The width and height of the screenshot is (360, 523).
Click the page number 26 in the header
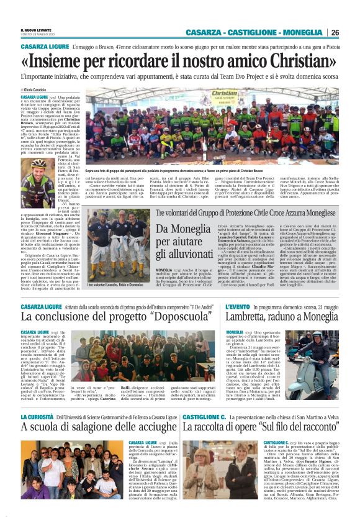[x=335, y=32]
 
